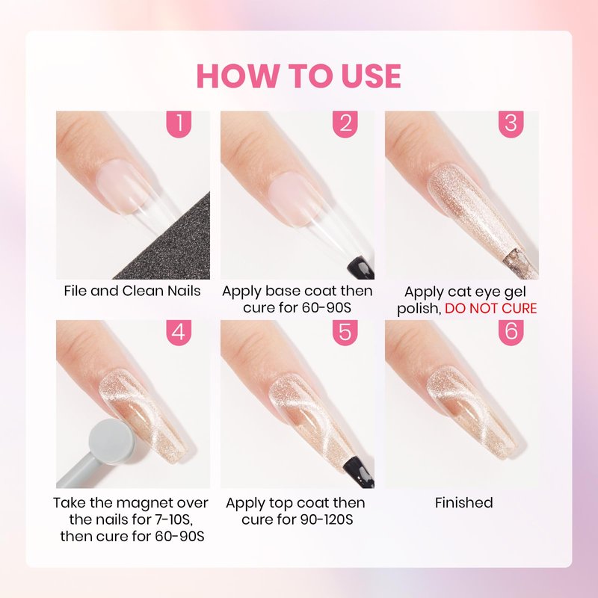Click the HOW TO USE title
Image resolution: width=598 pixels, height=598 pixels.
(298, 76)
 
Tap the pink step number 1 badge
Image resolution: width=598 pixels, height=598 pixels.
(179, 123)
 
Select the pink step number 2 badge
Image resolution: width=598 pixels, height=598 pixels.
(345, 123)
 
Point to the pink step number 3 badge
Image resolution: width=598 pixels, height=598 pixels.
(511, 123)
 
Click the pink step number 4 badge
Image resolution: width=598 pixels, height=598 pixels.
(179, 332)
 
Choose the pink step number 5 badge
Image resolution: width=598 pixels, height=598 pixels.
(345, 332)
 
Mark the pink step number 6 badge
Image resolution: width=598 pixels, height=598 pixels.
(511, 332)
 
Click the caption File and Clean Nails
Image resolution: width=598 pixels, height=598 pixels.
(132, 291)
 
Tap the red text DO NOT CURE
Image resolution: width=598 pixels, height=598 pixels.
(491, 308)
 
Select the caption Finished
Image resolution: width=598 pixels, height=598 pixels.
(463, 502)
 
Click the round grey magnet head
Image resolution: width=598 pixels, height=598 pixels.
(111, 442)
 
